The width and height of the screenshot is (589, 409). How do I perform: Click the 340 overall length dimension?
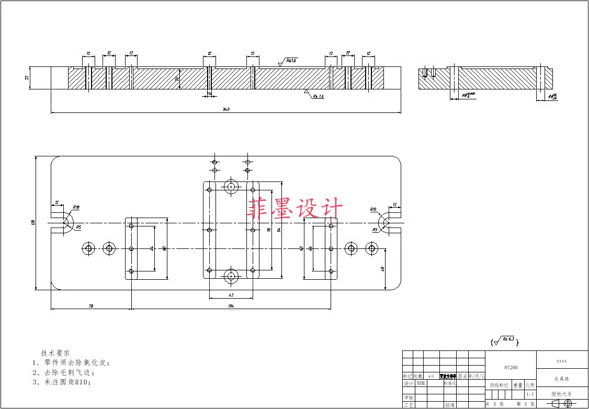(226, 109)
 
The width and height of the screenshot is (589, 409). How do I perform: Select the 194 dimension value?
(231, 305)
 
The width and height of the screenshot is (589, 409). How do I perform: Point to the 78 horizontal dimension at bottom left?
(91, 305)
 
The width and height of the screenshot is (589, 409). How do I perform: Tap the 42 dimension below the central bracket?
(231, 295)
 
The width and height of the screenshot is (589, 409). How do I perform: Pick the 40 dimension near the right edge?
(383, 269)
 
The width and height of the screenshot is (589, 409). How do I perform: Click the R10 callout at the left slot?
(76, 208)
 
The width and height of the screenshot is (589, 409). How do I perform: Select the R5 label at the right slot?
(375, 230)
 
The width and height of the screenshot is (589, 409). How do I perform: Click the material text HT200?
(511, 368)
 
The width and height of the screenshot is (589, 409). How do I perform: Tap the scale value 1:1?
(530, 394)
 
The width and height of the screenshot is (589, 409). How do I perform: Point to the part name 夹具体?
(562, 379)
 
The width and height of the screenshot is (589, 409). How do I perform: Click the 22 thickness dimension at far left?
(27, 77)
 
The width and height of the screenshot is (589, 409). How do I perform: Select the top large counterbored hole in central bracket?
(231, 186)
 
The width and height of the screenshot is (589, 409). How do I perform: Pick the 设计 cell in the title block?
(408, 383)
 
